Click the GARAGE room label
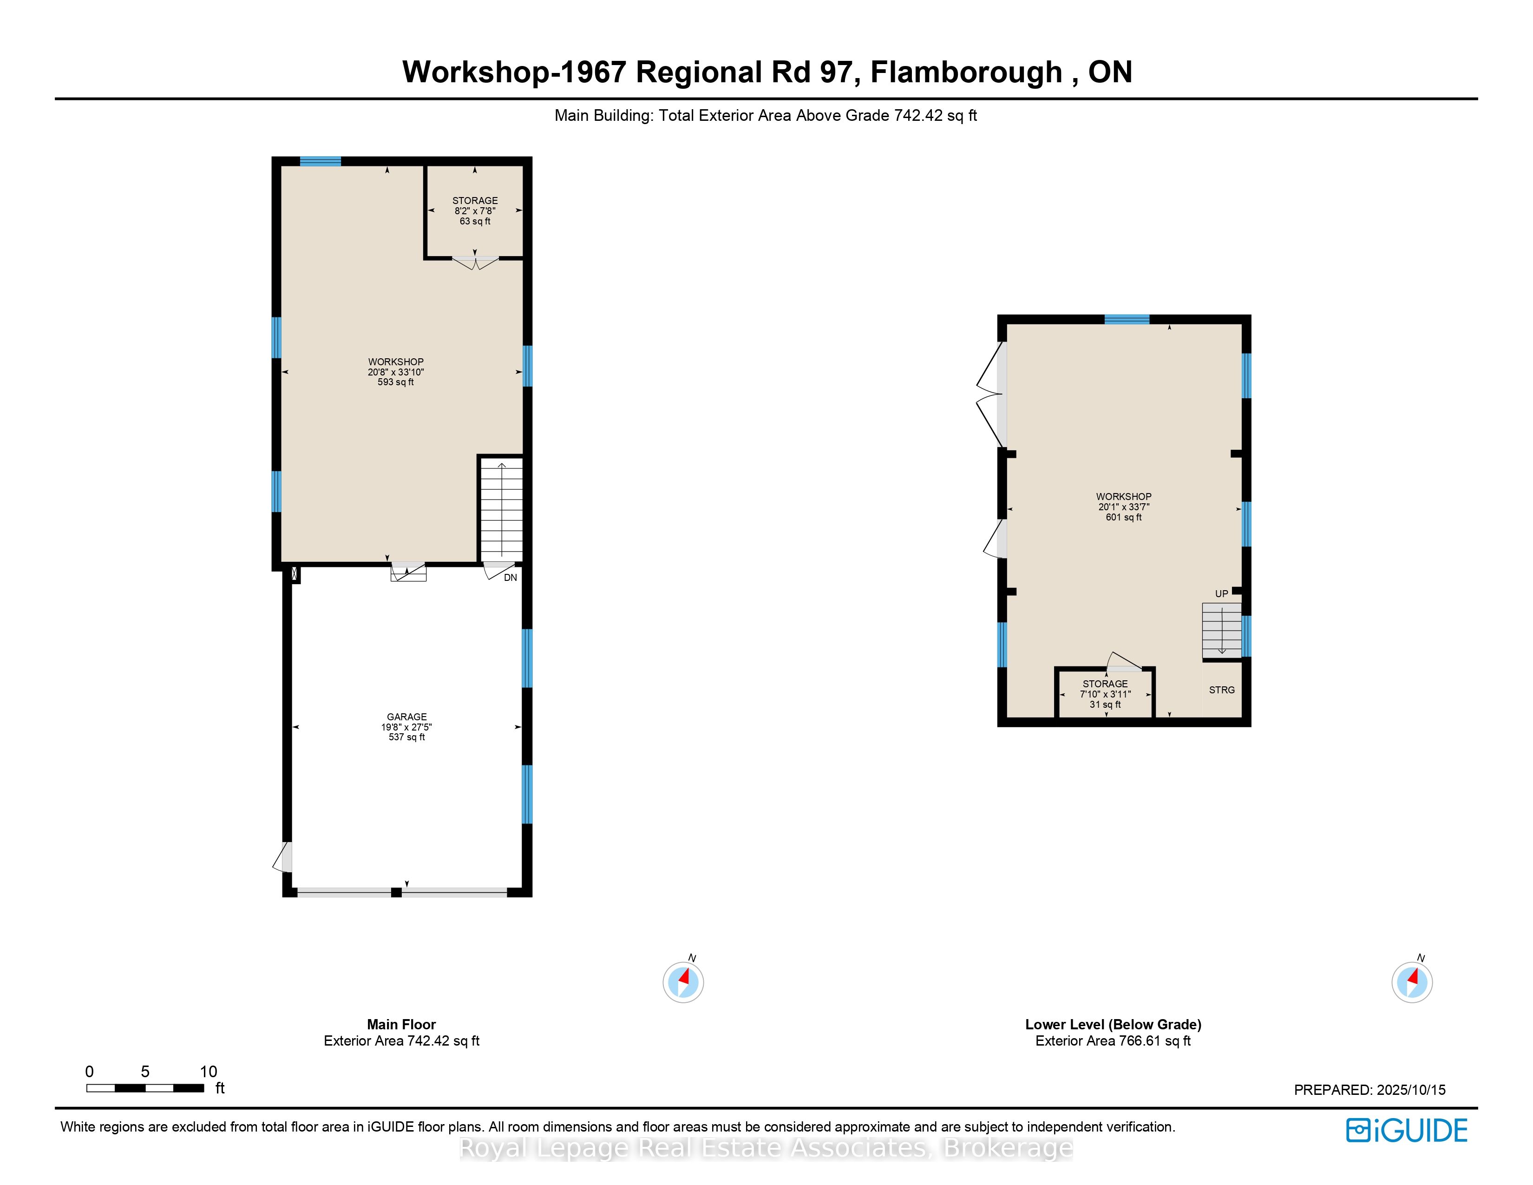click(406, 717)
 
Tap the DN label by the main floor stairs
click(510, 578)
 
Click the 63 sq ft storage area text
click(475, 221)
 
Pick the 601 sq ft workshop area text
click(1124, 517)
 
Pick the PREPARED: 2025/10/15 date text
click(1369, 1090)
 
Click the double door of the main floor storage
click(475, 263)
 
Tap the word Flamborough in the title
click(966, 72)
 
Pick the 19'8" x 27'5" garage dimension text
click(406, 727)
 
